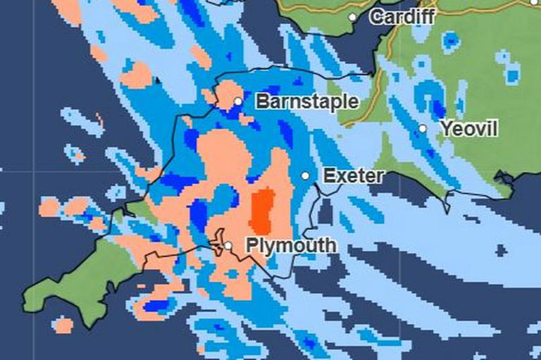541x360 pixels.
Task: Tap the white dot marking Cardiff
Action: [x=352, y=17]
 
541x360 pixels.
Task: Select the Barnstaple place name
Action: [x=306, y=101]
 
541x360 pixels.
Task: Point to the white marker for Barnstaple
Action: [x=238, y=101]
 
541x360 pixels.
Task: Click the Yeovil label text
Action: [x=468, y=129]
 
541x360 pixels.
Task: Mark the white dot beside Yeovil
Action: [x=423, y=128]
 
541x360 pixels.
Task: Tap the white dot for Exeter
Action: [x=305, y=175]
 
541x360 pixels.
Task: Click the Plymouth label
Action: [x=291, y=246]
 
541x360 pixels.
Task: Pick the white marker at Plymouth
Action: [x=228, y=245]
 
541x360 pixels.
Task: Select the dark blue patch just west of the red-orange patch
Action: [x=200, y=211]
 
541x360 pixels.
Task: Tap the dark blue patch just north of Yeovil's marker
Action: [x=437, y=108]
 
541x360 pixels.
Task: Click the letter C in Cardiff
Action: [x=377, y=16]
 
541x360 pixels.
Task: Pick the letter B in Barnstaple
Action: [x=262, y=101]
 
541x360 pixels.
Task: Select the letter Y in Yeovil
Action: [x=447, y=129]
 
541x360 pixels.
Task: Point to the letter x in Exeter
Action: [x=341, y=175]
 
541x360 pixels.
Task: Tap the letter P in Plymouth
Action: [x=251, y=246]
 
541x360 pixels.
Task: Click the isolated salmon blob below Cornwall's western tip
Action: [x=63, y=325]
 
